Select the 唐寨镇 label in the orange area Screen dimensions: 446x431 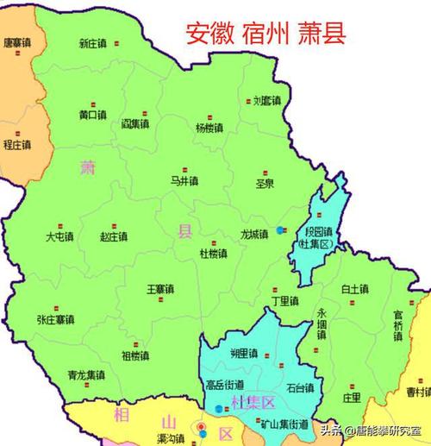[16, 41]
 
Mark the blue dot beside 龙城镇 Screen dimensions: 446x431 [281, 230]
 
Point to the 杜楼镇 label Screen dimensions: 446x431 [213, 254]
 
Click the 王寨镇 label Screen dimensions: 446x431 [160, 288]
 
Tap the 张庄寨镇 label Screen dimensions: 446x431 [56, 318]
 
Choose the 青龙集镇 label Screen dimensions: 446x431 [85, 375]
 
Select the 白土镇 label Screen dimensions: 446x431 [354, 289]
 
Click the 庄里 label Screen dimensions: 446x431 [351, 398]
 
